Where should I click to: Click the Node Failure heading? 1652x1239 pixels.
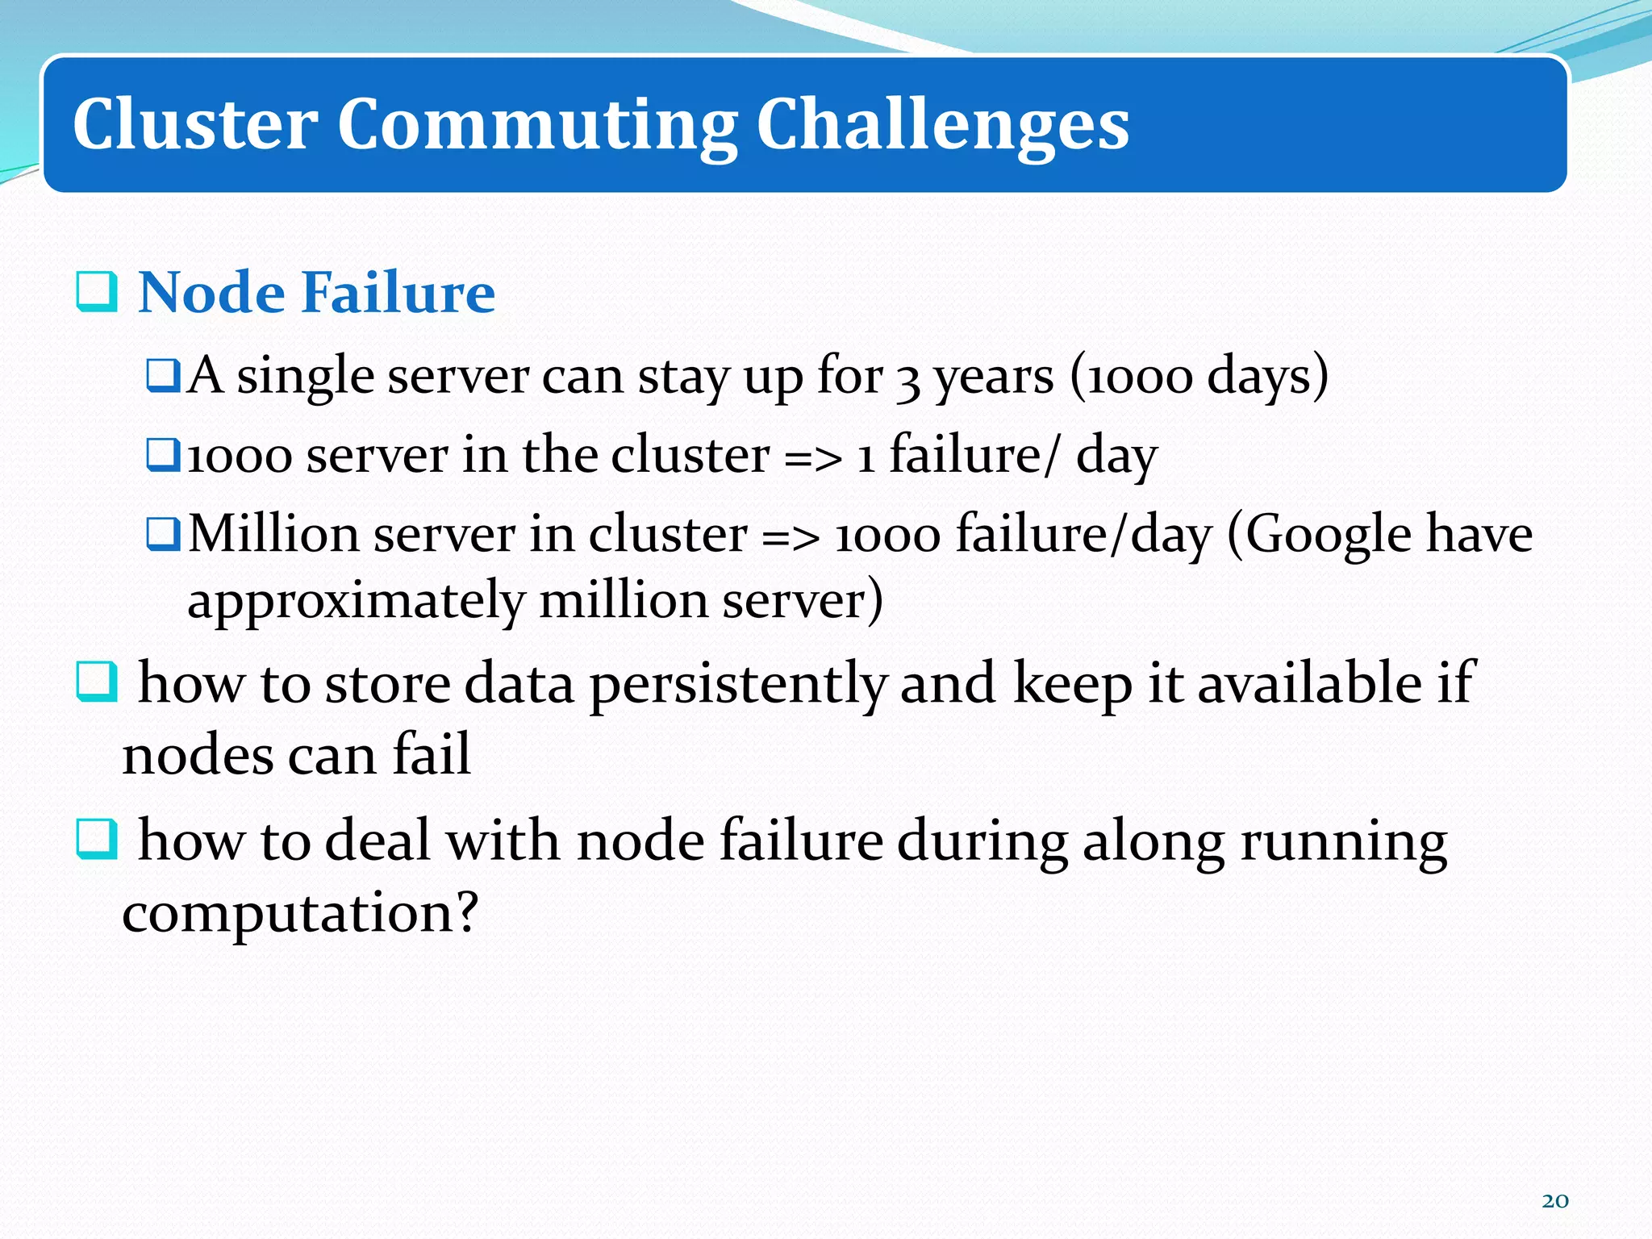[x=316, y=292]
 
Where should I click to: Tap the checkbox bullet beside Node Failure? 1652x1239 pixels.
[x=97, y=292]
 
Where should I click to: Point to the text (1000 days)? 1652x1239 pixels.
[x=1199, y=376]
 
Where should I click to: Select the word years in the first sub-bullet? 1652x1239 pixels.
[x=994, y=378]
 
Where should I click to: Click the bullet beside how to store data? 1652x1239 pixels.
[x=97, y=682]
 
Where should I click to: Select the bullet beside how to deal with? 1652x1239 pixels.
[x=97, y=839]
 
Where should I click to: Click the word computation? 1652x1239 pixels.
[x=300, y=914]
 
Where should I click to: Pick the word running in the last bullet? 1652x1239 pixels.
[x=1343, y=842]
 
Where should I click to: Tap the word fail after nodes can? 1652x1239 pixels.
[x=432, y=755]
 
